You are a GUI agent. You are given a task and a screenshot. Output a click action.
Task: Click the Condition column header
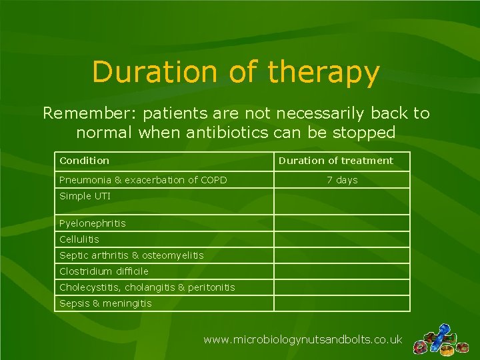click(85, 161)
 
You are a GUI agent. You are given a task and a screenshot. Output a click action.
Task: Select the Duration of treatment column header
click(335, 161)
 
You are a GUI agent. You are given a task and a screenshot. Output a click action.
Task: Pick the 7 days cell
click(342, 180)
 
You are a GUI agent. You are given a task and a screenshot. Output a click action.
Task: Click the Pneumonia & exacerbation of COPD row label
click(143, 180)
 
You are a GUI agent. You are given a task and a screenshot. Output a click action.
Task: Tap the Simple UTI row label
click(85, 196)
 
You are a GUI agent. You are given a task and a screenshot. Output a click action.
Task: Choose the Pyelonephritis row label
click(93, 223)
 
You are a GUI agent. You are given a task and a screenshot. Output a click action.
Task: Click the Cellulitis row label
click(79, 239)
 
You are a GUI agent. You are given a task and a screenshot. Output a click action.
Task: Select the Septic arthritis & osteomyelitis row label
click(131, 255)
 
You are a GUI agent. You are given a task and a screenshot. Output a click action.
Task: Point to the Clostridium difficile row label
click(104, 271)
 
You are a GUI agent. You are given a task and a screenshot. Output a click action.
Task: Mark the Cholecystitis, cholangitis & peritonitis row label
click(147, 287)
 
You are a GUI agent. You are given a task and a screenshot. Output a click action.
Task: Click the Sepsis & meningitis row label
click(105, 303)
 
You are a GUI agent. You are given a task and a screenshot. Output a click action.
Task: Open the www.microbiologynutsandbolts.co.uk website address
click(303, 339)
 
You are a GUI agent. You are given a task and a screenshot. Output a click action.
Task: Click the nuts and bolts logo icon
click(439, 339)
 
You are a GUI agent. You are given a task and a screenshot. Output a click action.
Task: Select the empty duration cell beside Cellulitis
click(341, 239)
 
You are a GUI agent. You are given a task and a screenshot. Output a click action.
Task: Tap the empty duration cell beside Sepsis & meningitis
click(341, 303)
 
